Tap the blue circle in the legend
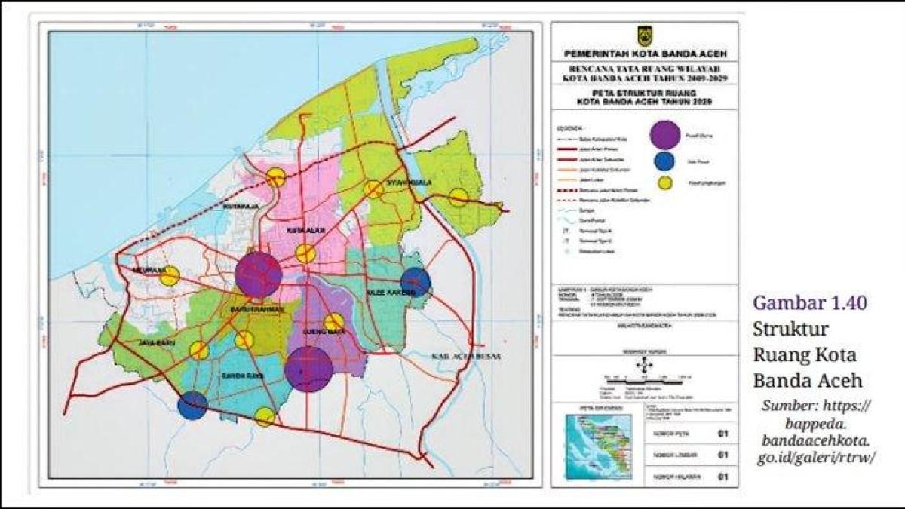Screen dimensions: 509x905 [x=664, y=161]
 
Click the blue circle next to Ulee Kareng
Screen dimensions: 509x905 [x=416, y=282]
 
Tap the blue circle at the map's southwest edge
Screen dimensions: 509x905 [x=192, y=406]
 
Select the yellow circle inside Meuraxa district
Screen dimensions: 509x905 [x=170, y=276]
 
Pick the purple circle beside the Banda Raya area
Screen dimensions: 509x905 [x=308, y=369]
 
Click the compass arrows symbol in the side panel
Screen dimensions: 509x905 [x=644, y=366]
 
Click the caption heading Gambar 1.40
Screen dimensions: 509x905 [x=809, y=303]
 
